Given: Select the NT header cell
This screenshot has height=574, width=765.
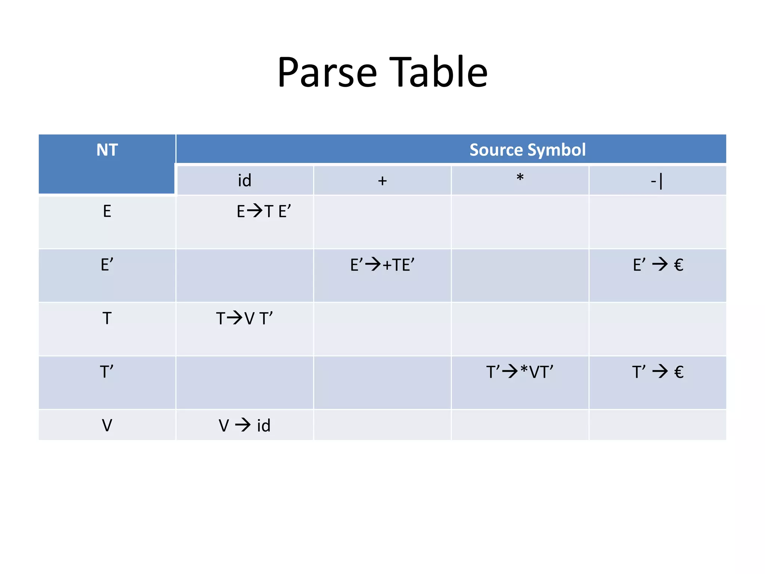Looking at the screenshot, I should (107, 150).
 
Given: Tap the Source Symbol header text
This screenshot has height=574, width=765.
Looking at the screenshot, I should (527, 150).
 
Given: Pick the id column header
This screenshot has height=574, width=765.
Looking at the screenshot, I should (245, 180).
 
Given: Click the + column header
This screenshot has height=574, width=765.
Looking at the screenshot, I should (382, 181).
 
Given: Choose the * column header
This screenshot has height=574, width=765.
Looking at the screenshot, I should (520, 178).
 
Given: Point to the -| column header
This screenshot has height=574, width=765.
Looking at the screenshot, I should (657, 181).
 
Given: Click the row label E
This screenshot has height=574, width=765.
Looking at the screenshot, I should (107, 212).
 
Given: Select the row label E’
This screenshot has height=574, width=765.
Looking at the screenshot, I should (107, 265).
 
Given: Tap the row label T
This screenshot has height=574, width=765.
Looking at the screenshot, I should (107, 318).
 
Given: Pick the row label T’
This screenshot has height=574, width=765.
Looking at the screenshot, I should (107, 372).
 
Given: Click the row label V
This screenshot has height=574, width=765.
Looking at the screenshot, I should (107, 425).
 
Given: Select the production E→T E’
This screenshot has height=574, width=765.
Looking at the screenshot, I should (264, 212).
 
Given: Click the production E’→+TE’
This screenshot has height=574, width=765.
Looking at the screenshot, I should (382, 265).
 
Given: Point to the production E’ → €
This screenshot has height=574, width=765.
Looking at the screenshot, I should (658, 265).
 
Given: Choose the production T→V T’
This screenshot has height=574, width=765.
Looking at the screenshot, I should (244, 318).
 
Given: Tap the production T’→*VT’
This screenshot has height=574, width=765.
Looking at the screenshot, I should (520, 372).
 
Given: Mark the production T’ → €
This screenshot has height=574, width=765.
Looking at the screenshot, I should (658, 372).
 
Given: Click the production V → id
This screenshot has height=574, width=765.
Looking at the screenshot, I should (244, 425).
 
